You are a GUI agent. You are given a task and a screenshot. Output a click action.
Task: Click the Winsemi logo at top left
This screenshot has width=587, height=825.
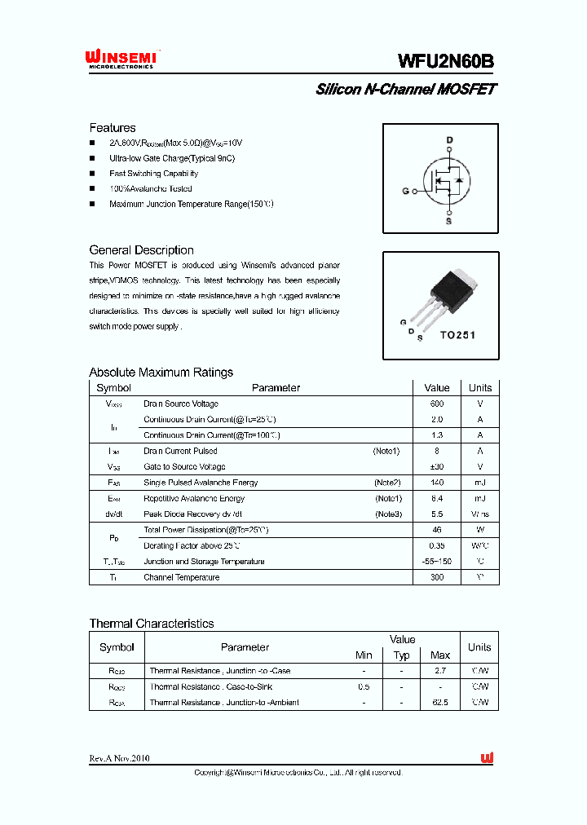point(123,59)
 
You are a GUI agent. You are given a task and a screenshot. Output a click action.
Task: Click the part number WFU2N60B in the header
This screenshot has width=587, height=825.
point(446,61)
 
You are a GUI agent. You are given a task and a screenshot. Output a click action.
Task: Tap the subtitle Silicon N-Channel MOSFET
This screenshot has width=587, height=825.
point(406,90)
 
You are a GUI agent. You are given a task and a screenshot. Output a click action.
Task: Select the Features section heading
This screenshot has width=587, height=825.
point(113,128)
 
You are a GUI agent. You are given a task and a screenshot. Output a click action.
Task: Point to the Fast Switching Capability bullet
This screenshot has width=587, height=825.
point(153,174)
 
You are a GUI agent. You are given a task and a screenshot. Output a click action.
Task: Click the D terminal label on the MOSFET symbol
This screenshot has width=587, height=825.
point(448,140)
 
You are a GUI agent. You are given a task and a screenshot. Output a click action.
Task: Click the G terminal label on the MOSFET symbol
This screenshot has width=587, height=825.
point(405,192)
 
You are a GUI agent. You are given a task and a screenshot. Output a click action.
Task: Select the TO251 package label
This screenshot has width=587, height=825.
point(457,335)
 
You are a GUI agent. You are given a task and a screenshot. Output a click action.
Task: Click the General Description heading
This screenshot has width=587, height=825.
point(141,250)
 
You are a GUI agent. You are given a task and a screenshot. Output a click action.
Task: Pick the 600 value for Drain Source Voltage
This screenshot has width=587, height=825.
point(437,404)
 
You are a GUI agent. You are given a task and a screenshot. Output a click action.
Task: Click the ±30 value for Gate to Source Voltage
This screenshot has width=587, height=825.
point(437,467)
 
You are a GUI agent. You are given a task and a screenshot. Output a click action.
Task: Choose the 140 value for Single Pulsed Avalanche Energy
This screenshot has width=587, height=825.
point(437,483)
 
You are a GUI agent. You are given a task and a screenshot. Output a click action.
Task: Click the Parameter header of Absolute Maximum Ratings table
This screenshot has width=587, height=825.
point(276,388)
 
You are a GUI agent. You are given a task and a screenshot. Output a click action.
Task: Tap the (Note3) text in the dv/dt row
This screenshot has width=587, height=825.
point(388,514)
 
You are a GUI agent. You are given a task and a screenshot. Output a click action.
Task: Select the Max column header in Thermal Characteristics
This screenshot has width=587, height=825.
point(440,655)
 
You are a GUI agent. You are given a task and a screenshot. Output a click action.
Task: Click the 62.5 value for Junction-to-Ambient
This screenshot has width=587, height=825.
point(440,703)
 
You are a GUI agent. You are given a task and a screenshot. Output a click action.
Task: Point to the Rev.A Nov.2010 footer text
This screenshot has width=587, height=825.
point(120,758)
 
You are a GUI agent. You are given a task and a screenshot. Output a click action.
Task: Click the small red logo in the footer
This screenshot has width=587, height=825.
point(488,758)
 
